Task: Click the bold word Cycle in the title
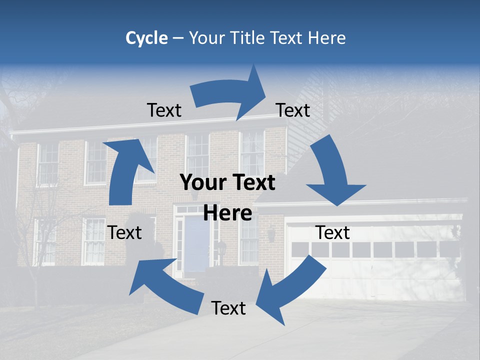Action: point(146,38)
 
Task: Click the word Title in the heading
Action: point(254,38)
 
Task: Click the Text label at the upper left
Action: point(164,110)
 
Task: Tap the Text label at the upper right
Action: point(293,110)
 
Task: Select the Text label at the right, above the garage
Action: point(332,233)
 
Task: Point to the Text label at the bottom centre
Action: point(228,308)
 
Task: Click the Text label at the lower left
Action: point(124,233)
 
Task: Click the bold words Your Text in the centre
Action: point(227,183)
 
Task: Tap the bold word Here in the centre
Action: point(227,213)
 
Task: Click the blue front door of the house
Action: point(196,245)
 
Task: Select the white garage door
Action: point(375,265)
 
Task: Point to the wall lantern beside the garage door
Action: point(271,233)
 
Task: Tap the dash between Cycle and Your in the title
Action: point(178,38)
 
